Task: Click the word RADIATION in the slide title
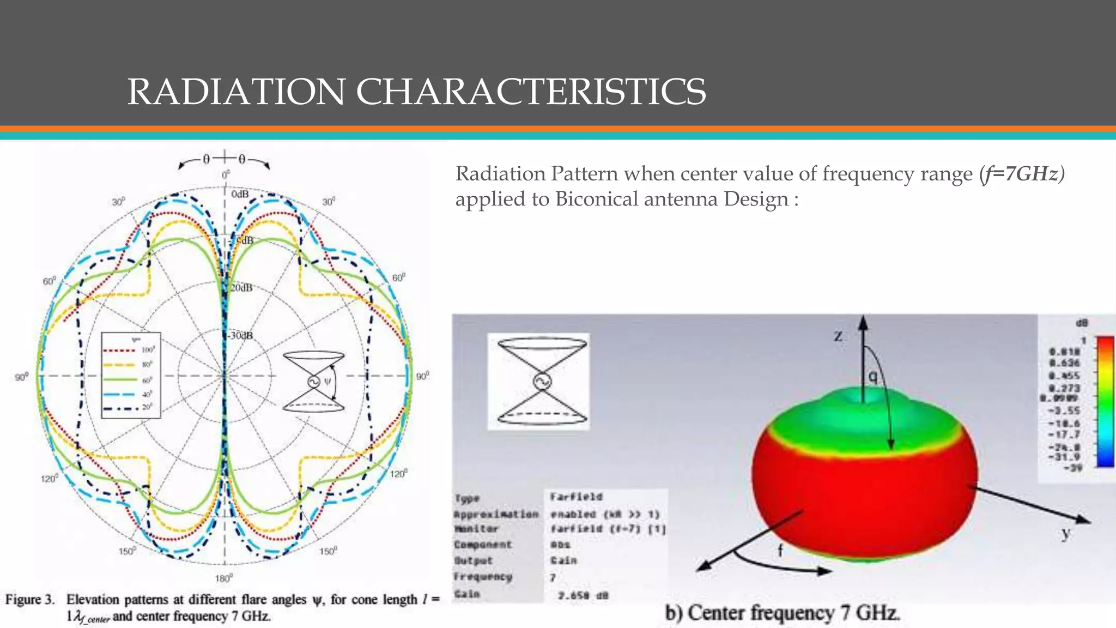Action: click(235, 92)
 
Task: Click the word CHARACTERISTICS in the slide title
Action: click(531, 92)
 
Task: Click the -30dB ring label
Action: click(240, 335)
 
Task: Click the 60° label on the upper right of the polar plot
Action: click(399, 277)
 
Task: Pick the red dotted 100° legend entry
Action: click(130, 350)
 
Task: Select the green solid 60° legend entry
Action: click(130, 379)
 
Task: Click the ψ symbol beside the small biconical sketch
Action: click(327, 381)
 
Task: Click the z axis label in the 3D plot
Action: click(839, 336)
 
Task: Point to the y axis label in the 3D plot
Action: click(1065, 533)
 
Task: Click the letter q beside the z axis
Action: click(872, 376)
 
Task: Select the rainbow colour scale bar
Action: click(1105, 402)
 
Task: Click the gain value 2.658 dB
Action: click(583, 595)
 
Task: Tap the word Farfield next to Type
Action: click(576, 497)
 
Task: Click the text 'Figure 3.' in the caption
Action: click(31, 600)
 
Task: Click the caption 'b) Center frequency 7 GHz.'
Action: click(782, 613)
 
